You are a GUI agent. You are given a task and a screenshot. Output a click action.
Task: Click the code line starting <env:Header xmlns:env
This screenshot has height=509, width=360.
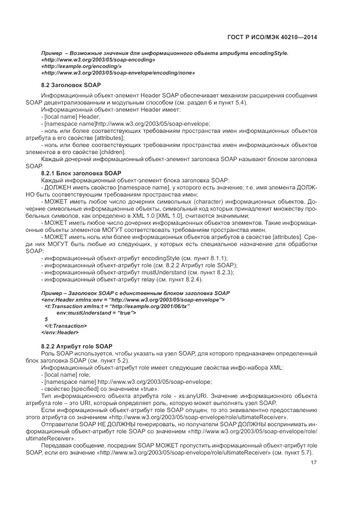[x=133, y=299]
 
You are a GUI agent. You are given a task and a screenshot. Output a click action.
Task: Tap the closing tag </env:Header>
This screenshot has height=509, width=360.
[x=60, y=332]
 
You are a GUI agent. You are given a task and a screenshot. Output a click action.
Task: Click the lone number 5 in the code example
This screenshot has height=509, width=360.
[x=46, y=319]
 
